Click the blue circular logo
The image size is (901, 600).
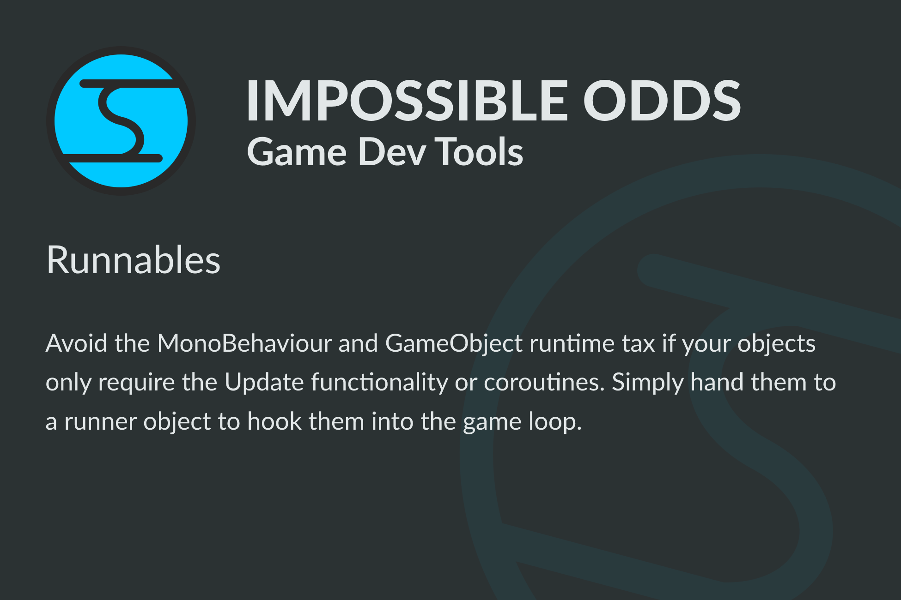point(121,121)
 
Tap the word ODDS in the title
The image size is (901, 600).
point(662,100)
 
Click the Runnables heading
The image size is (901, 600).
point(134,260)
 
